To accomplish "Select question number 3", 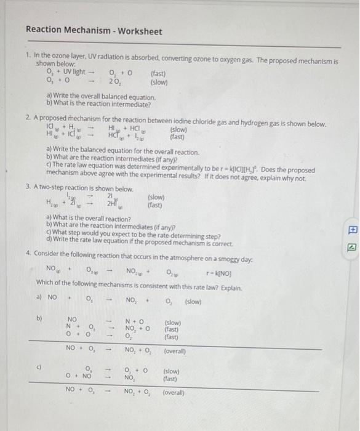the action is (x=28, y=188).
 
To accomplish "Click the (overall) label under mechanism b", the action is (x=177, y=350).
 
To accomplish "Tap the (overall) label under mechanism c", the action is (x=177, y=391).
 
